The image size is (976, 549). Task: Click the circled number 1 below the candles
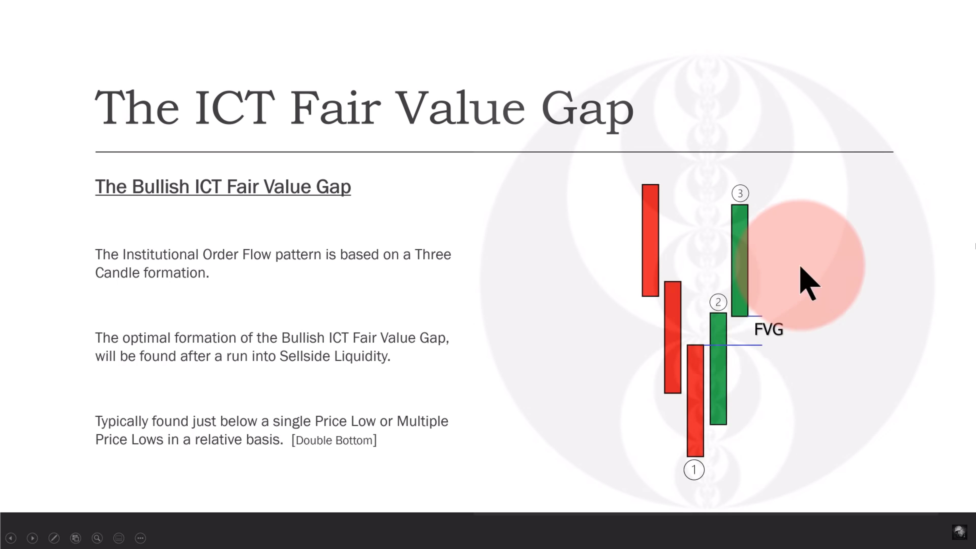(x=694, y=470)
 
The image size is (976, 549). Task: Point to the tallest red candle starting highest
(x=650, y=240)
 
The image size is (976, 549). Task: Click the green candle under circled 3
(x=740, y=260)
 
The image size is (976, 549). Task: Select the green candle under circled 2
(x=718, y=369)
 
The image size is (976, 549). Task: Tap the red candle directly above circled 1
(x=695, y=401)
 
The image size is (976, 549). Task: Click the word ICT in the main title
(x=234, y=108)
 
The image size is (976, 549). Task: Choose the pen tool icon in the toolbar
(x=54, y=538)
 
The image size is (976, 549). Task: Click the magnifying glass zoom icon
(x=97, y=538)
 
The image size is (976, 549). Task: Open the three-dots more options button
(x=140, y=538)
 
